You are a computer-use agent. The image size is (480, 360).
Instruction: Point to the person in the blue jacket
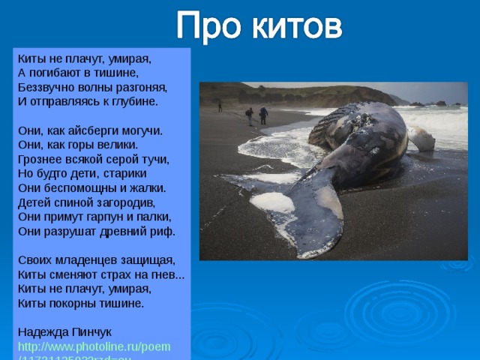(x=263, y=115)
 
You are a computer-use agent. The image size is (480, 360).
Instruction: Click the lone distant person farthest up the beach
(x=220, y=106)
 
